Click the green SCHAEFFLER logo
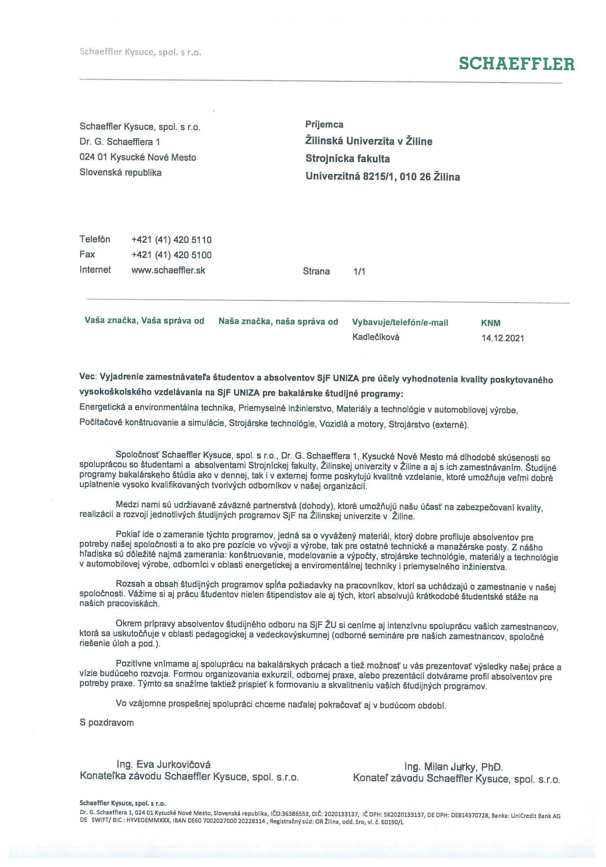point(517,64)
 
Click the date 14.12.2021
point(502,338)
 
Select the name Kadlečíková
point(376,337)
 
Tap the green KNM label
point(490,323)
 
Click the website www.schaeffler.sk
point(168,270)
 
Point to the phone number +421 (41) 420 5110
point(171,240)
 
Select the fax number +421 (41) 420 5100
point(171,255)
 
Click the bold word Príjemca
point(324,124)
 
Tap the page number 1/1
point(359,272)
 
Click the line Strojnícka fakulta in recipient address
point(347,159)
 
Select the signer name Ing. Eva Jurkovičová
point(163,764)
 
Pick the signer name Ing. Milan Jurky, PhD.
point(454,767)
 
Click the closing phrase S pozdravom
point(107,723)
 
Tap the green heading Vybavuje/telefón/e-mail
point(400,323)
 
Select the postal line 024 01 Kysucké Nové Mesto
point(138,157)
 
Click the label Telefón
point(95,239)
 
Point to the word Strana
point(316,272)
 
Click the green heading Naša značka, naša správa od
point(278,322)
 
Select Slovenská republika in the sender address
point(120,172)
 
